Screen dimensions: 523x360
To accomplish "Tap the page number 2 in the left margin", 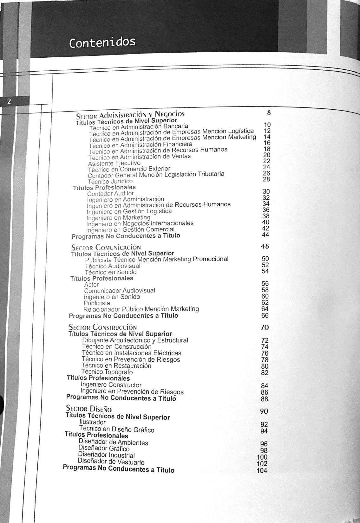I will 9,101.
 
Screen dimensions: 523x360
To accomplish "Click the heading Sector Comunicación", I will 106,247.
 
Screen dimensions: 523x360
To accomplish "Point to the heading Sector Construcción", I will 103,327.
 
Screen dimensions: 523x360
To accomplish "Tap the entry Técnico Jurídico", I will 110,181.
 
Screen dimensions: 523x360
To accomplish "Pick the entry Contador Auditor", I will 110,193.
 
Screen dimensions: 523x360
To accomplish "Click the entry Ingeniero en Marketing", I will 118,218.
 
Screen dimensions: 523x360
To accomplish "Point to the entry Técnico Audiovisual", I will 113,266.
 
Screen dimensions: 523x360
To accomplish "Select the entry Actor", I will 91,285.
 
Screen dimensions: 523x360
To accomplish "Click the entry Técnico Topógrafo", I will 107,372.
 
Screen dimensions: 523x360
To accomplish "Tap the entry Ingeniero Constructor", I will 111,385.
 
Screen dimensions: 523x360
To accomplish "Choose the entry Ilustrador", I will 92,422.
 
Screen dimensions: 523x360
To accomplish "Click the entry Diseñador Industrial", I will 106,455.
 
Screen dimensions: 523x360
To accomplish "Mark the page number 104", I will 262,470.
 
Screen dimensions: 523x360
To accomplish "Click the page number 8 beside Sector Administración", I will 269,113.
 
